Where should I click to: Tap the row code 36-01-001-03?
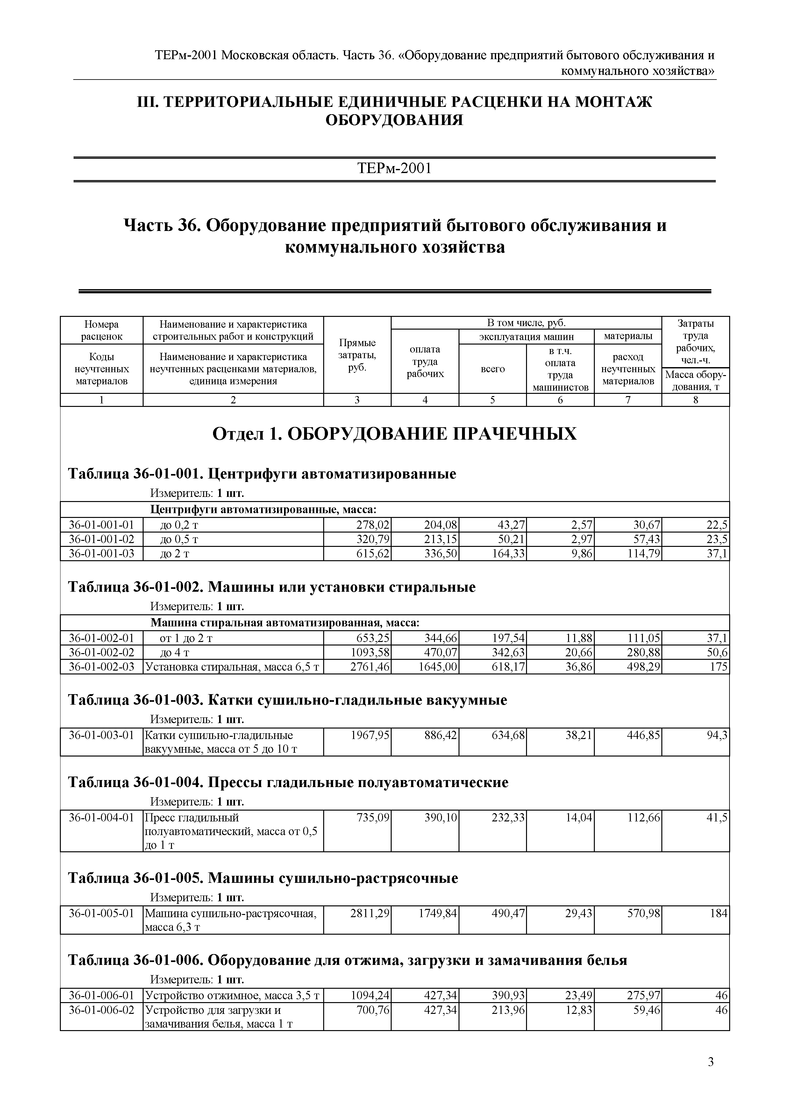101,553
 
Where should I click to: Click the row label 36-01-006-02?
101,1010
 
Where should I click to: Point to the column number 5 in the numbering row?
492,400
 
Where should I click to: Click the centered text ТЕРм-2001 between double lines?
395,169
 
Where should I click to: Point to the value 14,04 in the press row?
578,818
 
